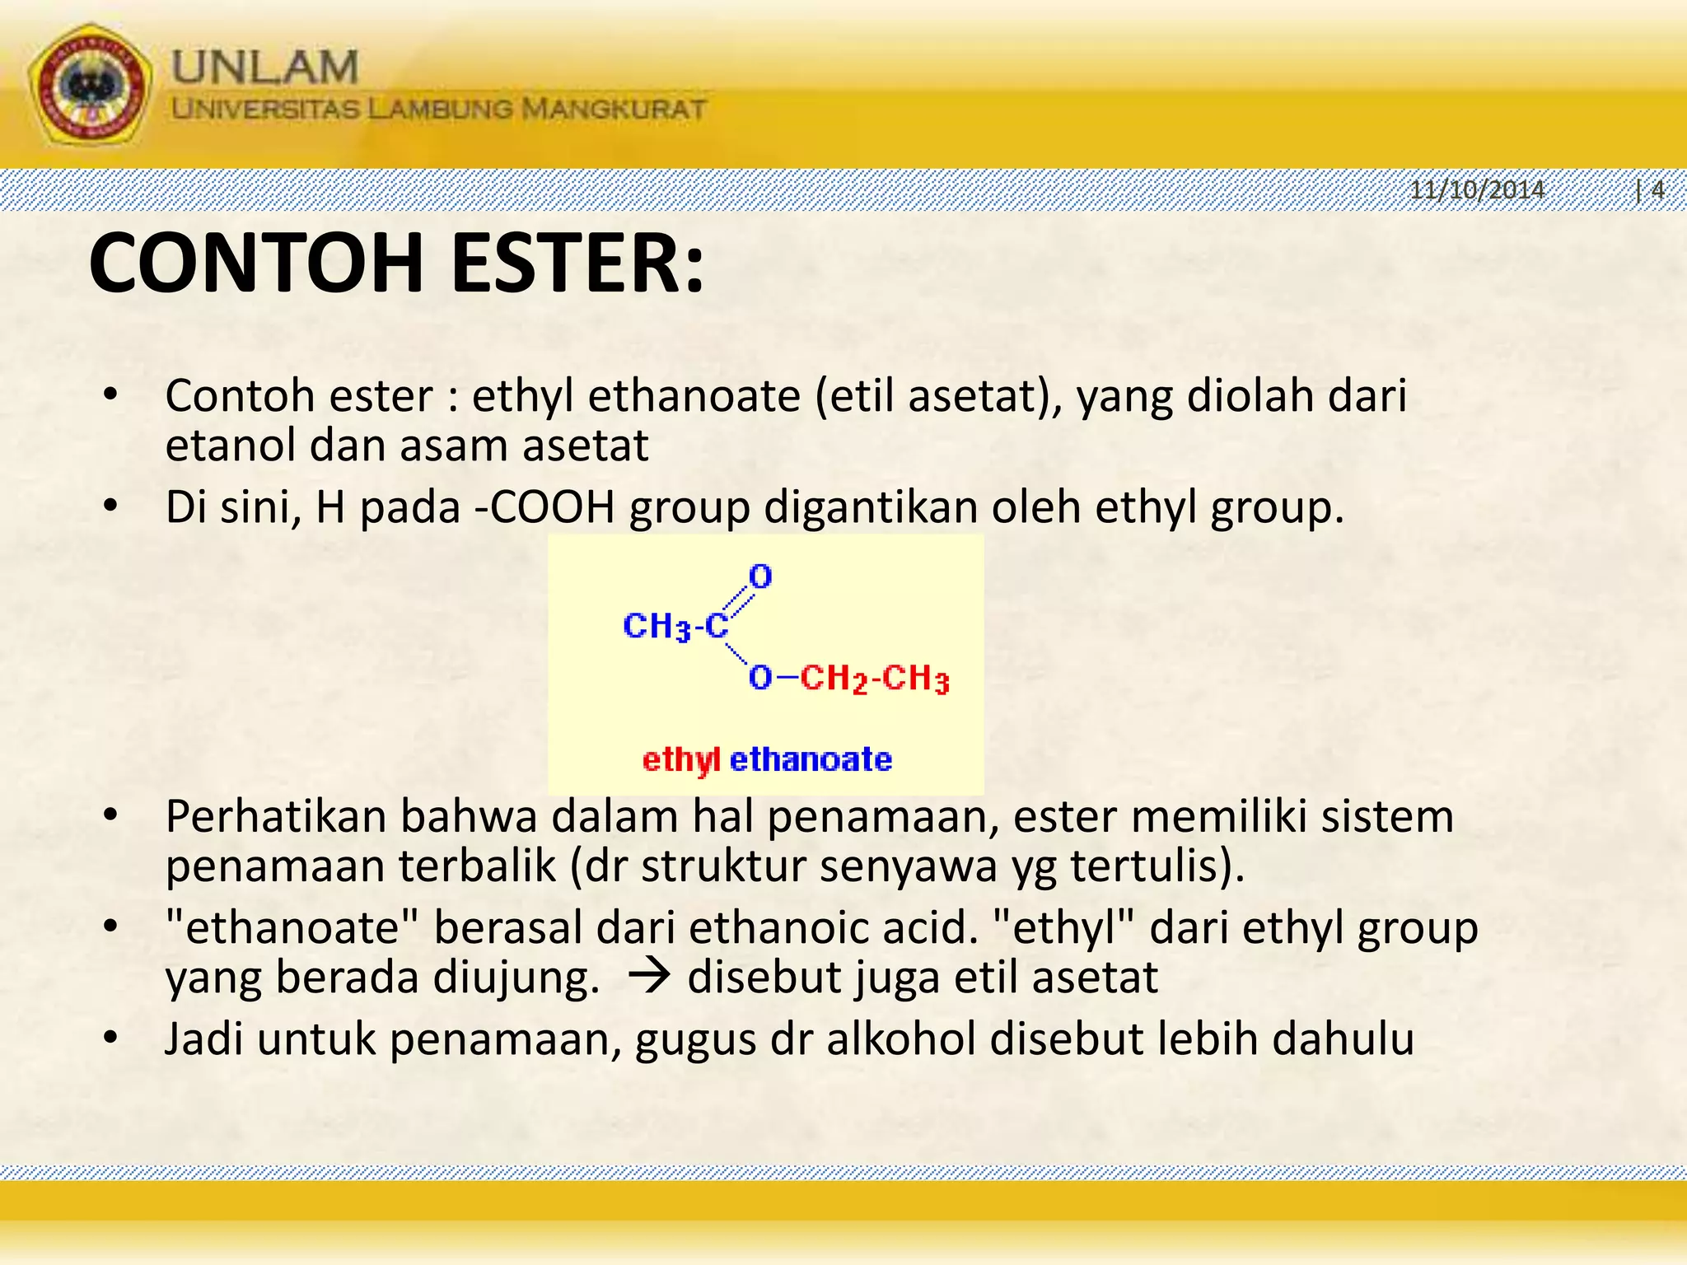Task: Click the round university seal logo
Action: [90, 85]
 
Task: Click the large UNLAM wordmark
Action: [265, 67]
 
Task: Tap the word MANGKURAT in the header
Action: [615, 109]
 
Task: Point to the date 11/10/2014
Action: [1477, 190]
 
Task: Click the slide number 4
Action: [1657, 190]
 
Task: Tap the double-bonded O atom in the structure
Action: [760, 576]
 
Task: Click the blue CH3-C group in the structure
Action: [675, 627]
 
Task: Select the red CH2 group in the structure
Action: [834, 679]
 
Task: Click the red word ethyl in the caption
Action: [681, 759]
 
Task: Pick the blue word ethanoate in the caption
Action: [811, 759]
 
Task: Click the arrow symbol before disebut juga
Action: [650, 978]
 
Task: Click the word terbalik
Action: [477, 866]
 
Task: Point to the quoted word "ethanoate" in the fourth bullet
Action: [293, 927]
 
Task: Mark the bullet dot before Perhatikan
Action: [111, 816]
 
